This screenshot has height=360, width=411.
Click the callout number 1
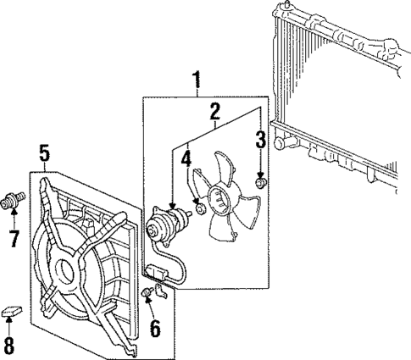[197, 82]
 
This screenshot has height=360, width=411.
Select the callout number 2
[215, 111]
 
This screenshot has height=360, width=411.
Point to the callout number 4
[186, 158]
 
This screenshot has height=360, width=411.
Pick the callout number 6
[154, 327]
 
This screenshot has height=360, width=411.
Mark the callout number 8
[9, 345]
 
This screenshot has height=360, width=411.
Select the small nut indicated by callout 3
[262, 184]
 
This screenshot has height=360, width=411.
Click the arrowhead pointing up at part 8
[9, 326]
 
